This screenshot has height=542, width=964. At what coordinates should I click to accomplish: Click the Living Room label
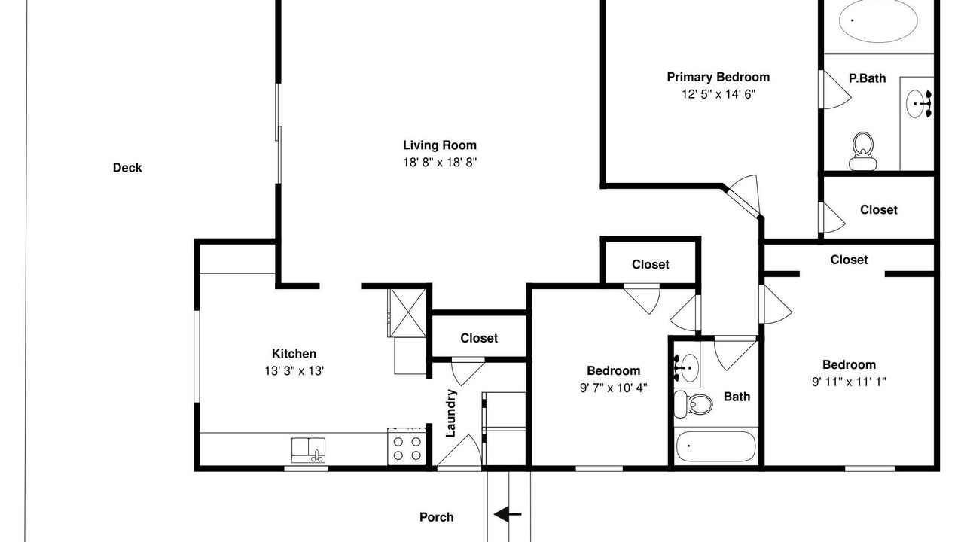point(440,145)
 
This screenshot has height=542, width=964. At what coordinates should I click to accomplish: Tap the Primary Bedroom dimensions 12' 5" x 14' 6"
point(718,94)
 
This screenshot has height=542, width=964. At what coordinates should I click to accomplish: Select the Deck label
point(127,168)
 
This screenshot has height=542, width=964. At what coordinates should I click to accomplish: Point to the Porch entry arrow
point(508,514)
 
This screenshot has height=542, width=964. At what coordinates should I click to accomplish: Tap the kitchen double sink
point(308,450)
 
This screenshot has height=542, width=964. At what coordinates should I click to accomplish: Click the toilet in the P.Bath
point(862,151)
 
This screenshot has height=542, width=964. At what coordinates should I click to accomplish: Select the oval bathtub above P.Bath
point(878,20)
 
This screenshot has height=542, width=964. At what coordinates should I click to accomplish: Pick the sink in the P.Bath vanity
point(919,104)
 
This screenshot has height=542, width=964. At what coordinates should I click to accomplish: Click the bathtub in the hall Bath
point(715,446)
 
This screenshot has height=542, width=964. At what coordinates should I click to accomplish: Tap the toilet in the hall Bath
point(693,404)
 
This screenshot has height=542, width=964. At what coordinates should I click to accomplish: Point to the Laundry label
point(450,413)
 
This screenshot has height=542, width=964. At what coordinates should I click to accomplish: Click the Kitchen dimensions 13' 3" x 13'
point(294,371)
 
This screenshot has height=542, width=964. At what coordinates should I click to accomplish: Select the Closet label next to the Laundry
point(479,338)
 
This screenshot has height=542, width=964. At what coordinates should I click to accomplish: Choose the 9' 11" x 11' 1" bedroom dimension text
point(849,382)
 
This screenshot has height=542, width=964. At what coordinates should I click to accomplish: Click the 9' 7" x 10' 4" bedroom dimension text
point(614,388)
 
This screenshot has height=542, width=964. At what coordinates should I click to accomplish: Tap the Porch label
point(436,517)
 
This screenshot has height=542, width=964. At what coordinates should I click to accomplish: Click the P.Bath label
point(867,78)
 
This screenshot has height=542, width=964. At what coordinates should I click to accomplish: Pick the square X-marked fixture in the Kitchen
point(407,312)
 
